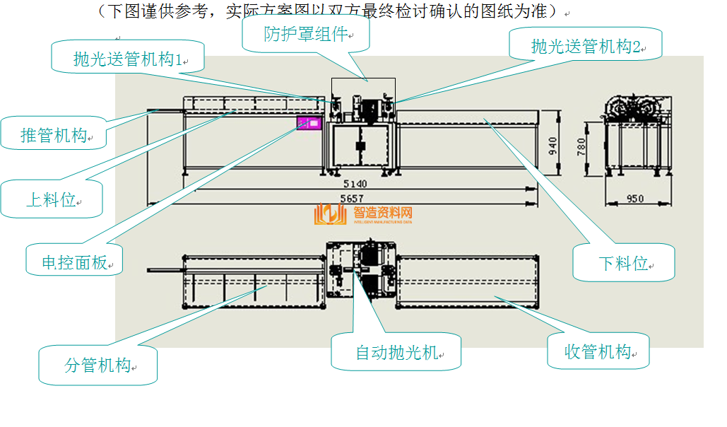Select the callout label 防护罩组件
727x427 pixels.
[x=306, y=35]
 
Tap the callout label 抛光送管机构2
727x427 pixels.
[x=586, y=47]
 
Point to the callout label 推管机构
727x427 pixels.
[x=54, y=134]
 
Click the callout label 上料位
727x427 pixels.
[x=52, y=199]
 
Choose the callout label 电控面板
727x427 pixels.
[x=74, y=262]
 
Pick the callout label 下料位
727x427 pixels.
[x=623, y=263]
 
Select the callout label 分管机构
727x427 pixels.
[x=98, y=365]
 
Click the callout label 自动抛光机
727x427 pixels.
[x=396, y=352]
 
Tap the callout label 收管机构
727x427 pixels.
[x=598, y=351]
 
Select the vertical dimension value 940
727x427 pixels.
[x=553, y=146]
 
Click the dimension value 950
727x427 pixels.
[x=634, y=199]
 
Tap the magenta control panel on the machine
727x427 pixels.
[x=309, y=123]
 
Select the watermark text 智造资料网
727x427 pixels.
[x=382, y=212]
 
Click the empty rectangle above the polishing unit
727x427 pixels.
[x=363, y=88]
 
